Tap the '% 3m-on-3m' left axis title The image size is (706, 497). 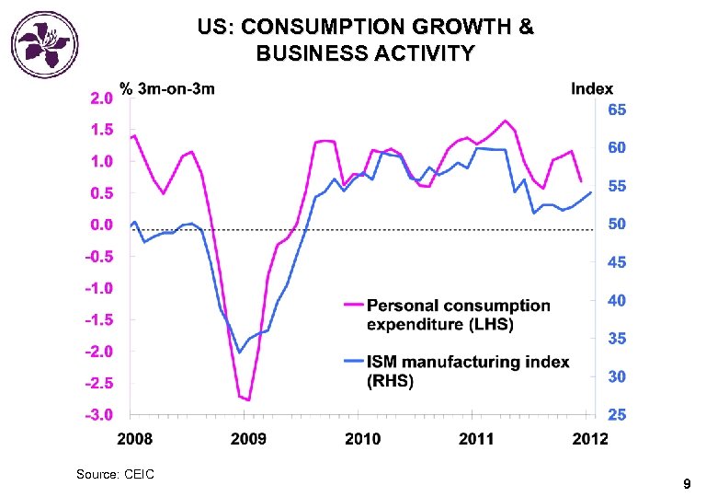166,89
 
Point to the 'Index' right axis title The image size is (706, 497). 592,89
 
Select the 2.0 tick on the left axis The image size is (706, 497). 100,98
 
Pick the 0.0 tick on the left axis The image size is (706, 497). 100,225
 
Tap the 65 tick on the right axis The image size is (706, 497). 618,110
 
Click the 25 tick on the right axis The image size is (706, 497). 618,416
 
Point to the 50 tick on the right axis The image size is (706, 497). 618,225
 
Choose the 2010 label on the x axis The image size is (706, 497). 361,438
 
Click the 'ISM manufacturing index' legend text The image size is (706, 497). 468,362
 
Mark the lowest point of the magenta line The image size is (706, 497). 248,400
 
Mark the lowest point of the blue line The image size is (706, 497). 239,353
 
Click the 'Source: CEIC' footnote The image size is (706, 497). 115,474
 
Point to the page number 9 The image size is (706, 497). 686,484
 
